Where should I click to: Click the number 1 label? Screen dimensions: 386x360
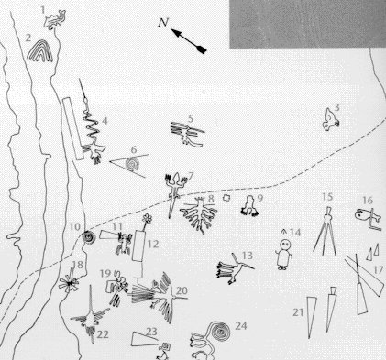(43, 10)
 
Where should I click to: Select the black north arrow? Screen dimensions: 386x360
(189, 41)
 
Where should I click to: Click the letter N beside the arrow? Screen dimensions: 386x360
(163, 22)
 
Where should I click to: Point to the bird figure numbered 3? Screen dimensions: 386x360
(330, 120)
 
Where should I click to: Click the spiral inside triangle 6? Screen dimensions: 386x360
(133, 165)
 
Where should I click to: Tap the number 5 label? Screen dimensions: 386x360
(191, 118)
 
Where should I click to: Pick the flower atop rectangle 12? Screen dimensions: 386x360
(148, 218)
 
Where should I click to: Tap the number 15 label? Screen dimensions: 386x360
(327, 197)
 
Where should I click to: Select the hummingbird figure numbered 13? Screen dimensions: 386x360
(234, 268)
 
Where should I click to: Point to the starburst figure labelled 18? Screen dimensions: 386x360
(69, 283)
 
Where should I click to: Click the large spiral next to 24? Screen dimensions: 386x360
(219, 331)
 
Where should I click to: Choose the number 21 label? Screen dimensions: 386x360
(298, 312)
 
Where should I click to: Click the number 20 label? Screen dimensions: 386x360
(182, 290)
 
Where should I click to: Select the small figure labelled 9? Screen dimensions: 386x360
(249, 207)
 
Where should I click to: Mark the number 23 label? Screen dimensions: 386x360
(151, 332)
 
